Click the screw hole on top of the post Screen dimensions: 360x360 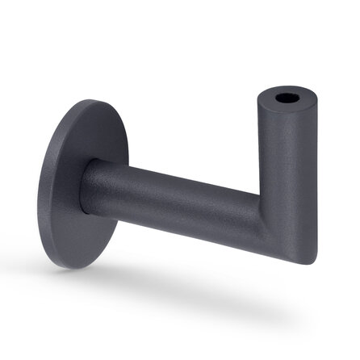[x=286, y=99]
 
